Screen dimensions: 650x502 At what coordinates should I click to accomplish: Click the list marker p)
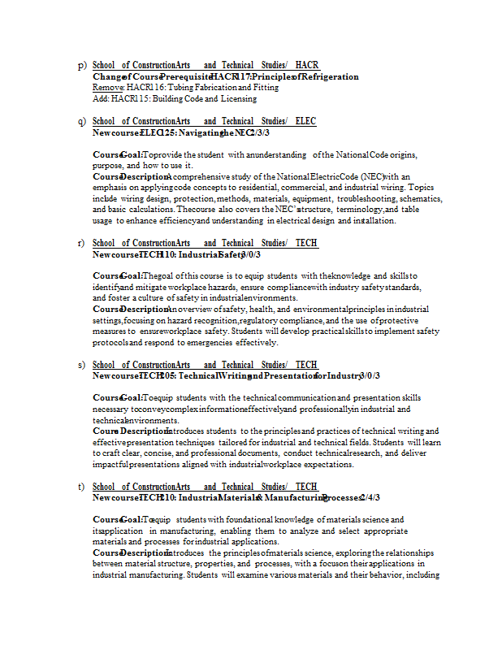pyautogui.click(x=82, y=65)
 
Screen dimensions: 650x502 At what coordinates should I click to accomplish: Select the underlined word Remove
pyautogui.click(x=107, y=87)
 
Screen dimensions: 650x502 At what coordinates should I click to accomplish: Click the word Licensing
pyautogui.click(x=239, y=98)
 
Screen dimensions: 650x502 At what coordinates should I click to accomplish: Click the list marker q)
pyautogui.click(x=82, y=121)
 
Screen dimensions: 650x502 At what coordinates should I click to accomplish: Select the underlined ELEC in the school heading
pyautogui.click(x=305, y=121)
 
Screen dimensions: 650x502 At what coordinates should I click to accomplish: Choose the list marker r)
pyautogui.click(x=82, y=243)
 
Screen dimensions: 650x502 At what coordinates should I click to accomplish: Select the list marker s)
pyautogui.click(x=82, y=365)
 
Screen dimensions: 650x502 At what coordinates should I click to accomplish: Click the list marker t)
pyautogui.click(x=82, y=487)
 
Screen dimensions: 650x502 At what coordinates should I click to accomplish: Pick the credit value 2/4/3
pyautogui.click(x=370, y=497)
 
